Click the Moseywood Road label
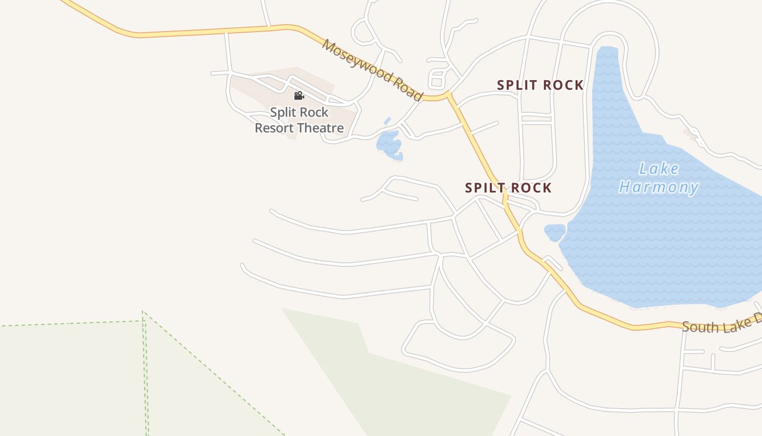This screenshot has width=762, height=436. coord(372,70)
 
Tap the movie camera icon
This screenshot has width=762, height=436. coord(299,96)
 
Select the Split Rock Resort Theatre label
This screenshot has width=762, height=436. coord(299,120)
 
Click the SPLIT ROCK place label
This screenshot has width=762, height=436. coord(540,86)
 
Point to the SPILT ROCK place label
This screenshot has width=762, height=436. coord(508,188)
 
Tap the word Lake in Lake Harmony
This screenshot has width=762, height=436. coord(659,169)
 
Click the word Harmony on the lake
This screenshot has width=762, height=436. coord(659,187)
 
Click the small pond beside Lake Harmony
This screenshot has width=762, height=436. coord(555,232)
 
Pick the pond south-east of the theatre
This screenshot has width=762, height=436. coord(389,145)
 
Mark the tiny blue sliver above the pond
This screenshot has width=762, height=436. coord(388,120)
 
